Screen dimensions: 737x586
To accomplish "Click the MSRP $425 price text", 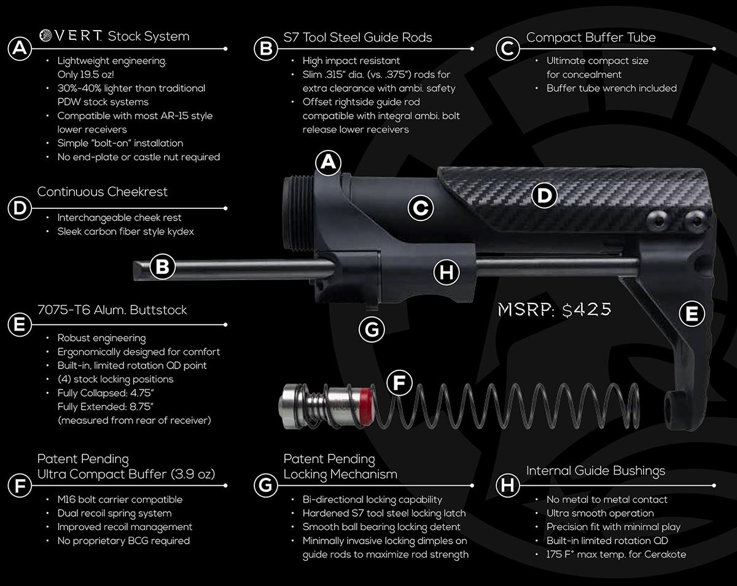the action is point(554,310).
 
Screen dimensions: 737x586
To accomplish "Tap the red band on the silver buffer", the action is point(366,407).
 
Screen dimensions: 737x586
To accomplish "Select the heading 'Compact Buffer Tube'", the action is point(591,37).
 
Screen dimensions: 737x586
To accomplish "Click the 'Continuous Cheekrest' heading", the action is point(103,192).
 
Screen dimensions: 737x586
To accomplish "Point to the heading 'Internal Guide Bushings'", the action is point(596,471).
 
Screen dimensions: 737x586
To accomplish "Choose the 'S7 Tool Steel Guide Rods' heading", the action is point(357,37).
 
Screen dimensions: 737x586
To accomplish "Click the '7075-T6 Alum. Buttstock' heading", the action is point(112,310).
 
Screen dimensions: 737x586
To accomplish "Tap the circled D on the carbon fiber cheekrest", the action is point(544,195).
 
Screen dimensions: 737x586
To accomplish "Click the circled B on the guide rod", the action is point(162,267).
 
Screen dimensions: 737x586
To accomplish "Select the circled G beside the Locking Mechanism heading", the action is point(265,485).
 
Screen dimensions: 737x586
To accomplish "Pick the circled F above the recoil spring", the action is point(399,383).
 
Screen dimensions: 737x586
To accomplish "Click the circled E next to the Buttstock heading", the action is point(20,324).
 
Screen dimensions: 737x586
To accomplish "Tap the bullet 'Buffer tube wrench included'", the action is point(611,88).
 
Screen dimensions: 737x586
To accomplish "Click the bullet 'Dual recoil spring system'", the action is point(114,513).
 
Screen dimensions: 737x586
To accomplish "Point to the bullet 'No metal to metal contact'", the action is point(607,499).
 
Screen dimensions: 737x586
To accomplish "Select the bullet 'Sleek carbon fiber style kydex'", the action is point(125,232).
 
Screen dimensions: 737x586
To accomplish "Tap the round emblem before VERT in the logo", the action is point(45,35).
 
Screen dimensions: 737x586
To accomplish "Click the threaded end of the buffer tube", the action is point(291,213).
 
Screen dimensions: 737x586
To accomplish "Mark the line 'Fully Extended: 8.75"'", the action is point(105,407).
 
